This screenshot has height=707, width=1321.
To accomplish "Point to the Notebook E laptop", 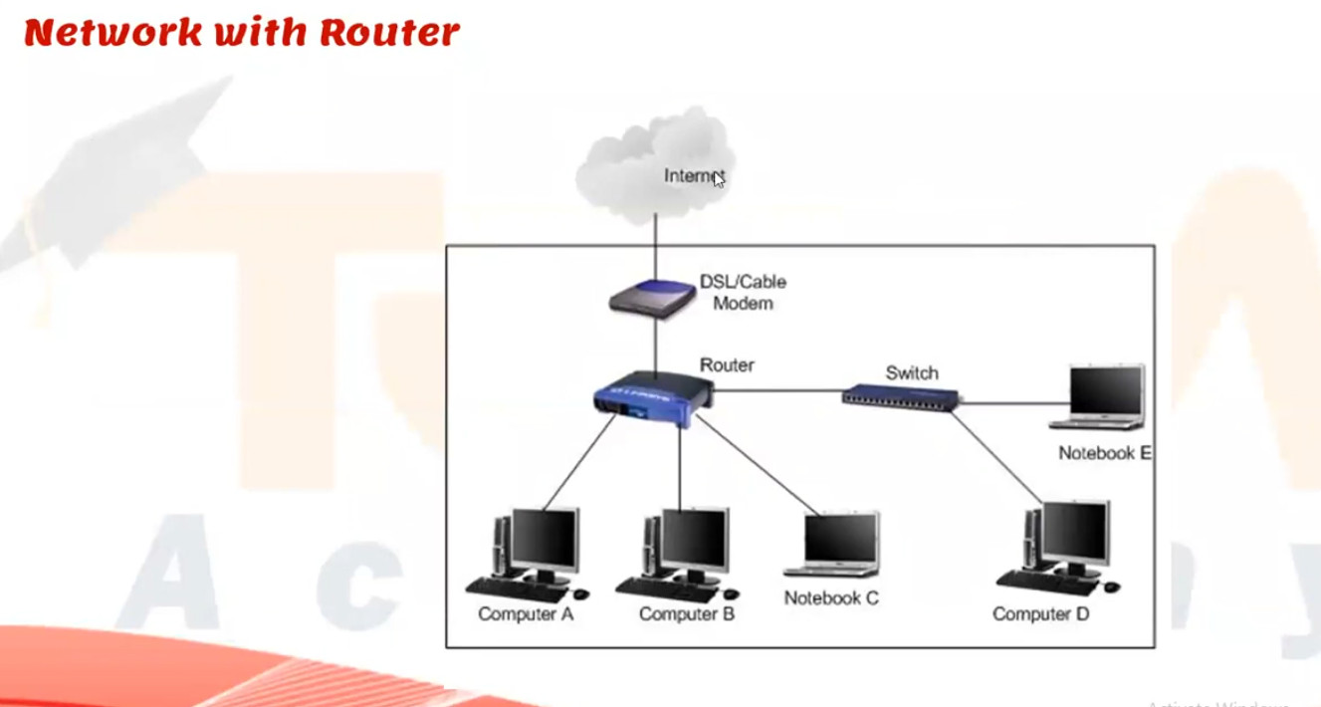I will click(1099, 397).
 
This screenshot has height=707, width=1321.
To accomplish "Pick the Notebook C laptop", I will click(834, 544).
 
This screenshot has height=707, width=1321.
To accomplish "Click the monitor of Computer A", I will click(544, 541).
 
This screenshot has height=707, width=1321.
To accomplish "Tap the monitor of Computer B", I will click(694, 541).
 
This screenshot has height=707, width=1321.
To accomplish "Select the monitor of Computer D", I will click(1073, 533).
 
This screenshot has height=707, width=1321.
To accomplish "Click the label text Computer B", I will click(686, 614).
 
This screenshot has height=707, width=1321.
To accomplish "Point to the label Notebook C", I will click(831, 598).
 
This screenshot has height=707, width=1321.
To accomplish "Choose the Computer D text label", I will click(1040, 614).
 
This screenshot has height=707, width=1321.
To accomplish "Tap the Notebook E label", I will click(1104, 453).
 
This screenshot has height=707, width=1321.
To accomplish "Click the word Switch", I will click(911, 373).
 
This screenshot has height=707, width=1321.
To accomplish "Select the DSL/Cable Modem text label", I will click(743, 293).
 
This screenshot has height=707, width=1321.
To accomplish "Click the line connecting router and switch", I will click(776, 391).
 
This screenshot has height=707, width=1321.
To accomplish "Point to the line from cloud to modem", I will click(655, 249).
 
